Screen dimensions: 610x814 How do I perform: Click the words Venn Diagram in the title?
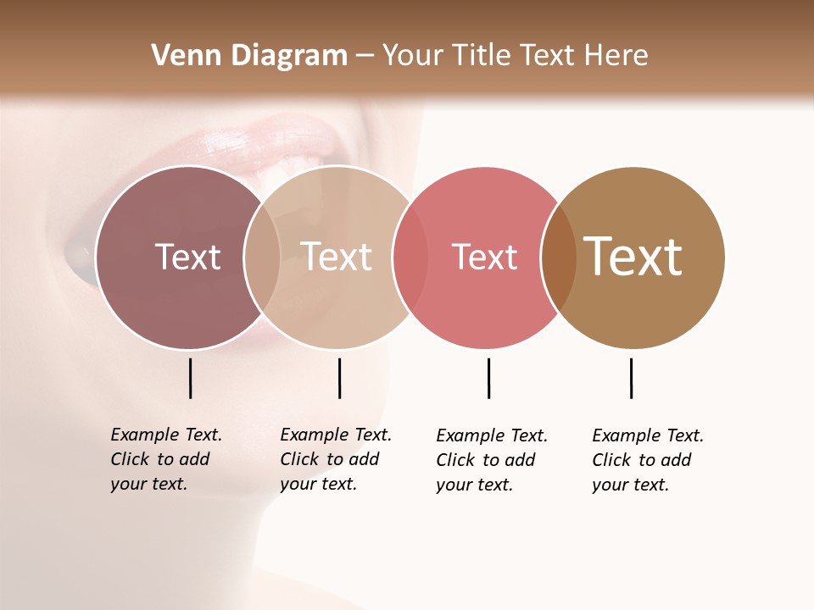(x=249, y=56)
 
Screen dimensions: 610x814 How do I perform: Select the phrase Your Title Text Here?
(x=515, y=56)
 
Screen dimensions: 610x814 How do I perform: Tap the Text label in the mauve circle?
(x=187, y=257)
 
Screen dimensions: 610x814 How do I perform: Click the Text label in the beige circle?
(x=337, y=257)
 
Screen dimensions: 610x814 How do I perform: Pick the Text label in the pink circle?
(x=484, y=257)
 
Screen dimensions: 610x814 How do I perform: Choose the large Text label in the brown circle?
(x=633, y=256)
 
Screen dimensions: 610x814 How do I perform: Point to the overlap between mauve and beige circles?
(x=262, y=258)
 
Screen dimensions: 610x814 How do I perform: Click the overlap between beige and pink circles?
(x=410, y=258)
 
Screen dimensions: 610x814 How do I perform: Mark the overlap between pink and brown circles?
(x=559, y=258)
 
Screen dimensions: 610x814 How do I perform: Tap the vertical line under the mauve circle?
(x=190, y=378)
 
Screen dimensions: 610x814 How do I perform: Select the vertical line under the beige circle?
(x=339, y=378)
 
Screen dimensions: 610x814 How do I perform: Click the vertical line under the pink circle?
(x=488, y=378)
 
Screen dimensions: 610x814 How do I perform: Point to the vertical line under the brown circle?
(x=631, y=378)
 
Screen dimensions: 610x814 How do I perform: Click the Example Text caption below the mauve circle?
(x=165, y=459)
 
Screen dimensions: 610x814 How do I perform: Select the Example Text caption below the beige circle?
(x=335, y=459)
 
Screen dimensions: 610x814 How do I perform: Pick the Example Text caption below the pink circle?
(x=491, y=460)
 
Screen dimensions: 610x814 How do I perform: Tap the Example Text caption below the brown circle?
(x=647, y=460)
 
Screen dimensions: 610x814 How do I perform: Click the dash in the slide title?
(x=364, y=56)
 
